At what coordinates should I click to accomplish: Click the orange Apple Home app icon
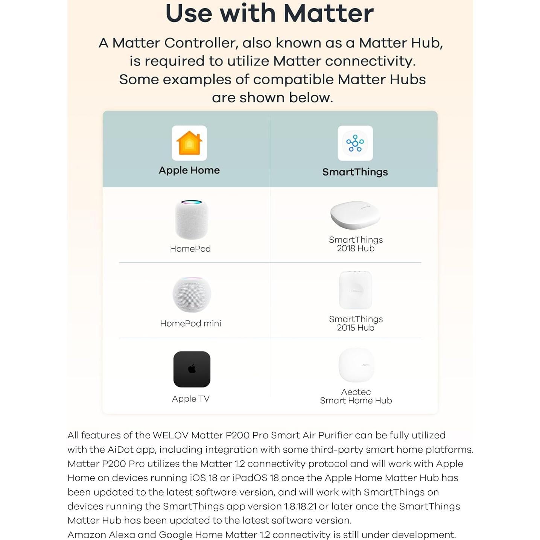[189, 143]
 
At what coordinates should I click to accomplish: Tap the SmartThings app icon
[355, 143]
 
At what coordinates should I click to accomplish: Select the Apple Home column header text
[189, 170]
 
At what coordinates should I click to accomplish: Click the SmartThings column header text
[355, 172]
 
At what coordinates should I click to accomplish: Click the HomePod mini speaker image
[192, 294]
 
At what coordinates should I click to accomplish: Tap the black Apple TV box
[192, 369]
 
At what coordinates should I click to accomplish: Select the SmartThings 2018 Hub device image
[355, 215]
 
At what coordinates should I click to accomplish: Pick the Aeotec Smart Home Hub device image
[356, 365]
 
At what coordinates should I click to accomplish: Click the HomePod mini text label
[190, 323]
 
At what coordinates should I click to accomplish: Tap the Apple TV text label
[190, 399]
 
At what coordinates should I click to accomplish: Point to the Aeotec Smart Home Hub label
[356, 396]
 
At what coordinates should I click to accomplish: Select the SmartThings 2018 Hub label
[356, 244]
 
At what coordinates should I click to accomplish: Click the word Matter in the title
[328, 13]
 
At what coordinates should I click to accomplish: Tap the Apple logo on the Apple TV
[192, 369]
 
